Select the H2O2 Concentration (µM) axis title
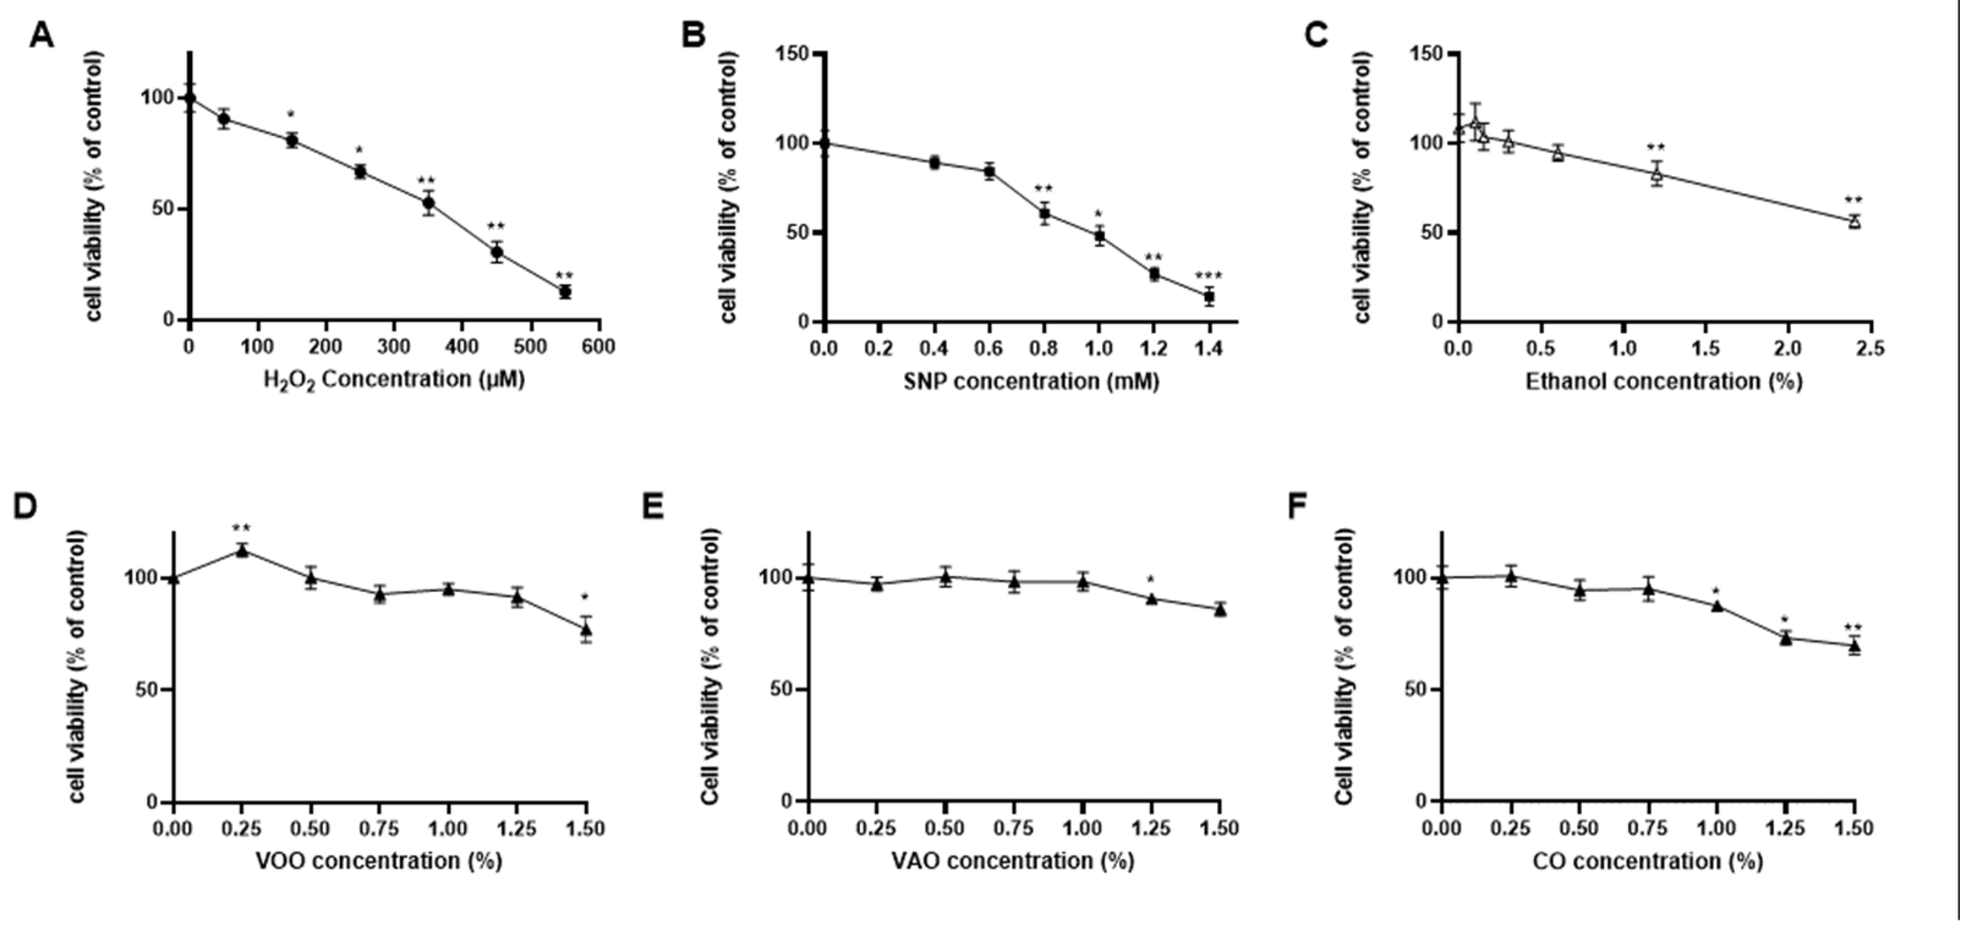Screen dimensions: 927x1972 395,380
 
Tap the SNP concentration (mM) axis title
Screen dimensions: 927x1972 1031,380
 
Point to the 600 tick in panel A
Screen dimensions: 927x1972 598,347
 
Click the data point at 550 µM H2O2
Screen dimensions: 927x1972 565,292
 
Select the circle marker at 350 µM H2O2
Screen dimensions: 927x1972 429,203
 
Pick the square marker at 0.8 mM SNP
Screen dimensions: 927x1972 1044,213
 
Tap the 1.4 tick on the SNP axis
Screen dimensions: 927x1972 1209,349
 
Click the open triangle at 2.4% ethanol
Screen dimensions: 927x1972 1854,221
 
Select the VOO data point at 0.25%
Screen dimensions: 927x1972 242,550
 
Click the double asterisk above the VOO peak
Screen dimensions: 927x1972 242,528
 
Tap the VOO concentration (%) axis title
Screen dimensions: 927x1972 378,860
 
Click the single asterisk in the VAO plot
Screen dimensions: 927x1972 1151,580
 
